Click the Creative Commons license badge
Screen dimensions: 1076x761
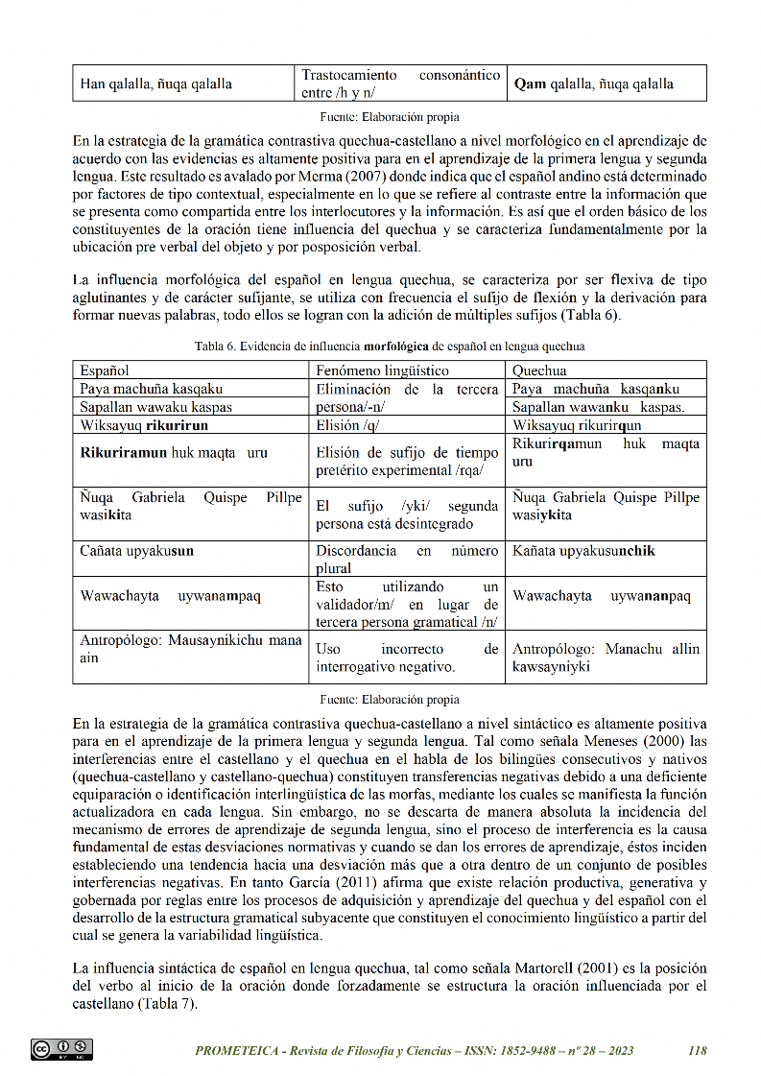(61, 1049)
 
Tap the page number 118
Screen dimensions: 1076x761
(698, 1050)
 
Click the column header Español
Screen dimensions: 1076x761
(106, 370)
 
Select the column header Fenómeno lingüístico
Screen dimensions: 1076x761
(382, 370)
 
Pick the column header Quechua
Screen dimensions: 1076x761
(539, 370)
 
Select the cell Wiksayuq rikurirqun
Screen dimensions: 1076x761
(577, 425)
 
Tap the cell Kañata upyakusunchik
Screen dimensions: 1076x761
(583, 551)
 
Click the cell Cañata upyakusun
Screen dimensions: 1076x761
(137, 551)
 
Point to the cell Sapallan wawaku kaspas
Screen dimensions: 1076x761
(155, 407)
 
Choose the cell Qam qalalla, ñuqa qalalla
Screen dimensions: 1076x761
(593, 84)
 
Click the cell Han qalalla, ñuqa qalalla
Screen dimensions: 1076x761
(155, 84)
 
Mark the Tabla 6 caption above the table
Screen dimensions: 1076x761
(389, 346)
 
